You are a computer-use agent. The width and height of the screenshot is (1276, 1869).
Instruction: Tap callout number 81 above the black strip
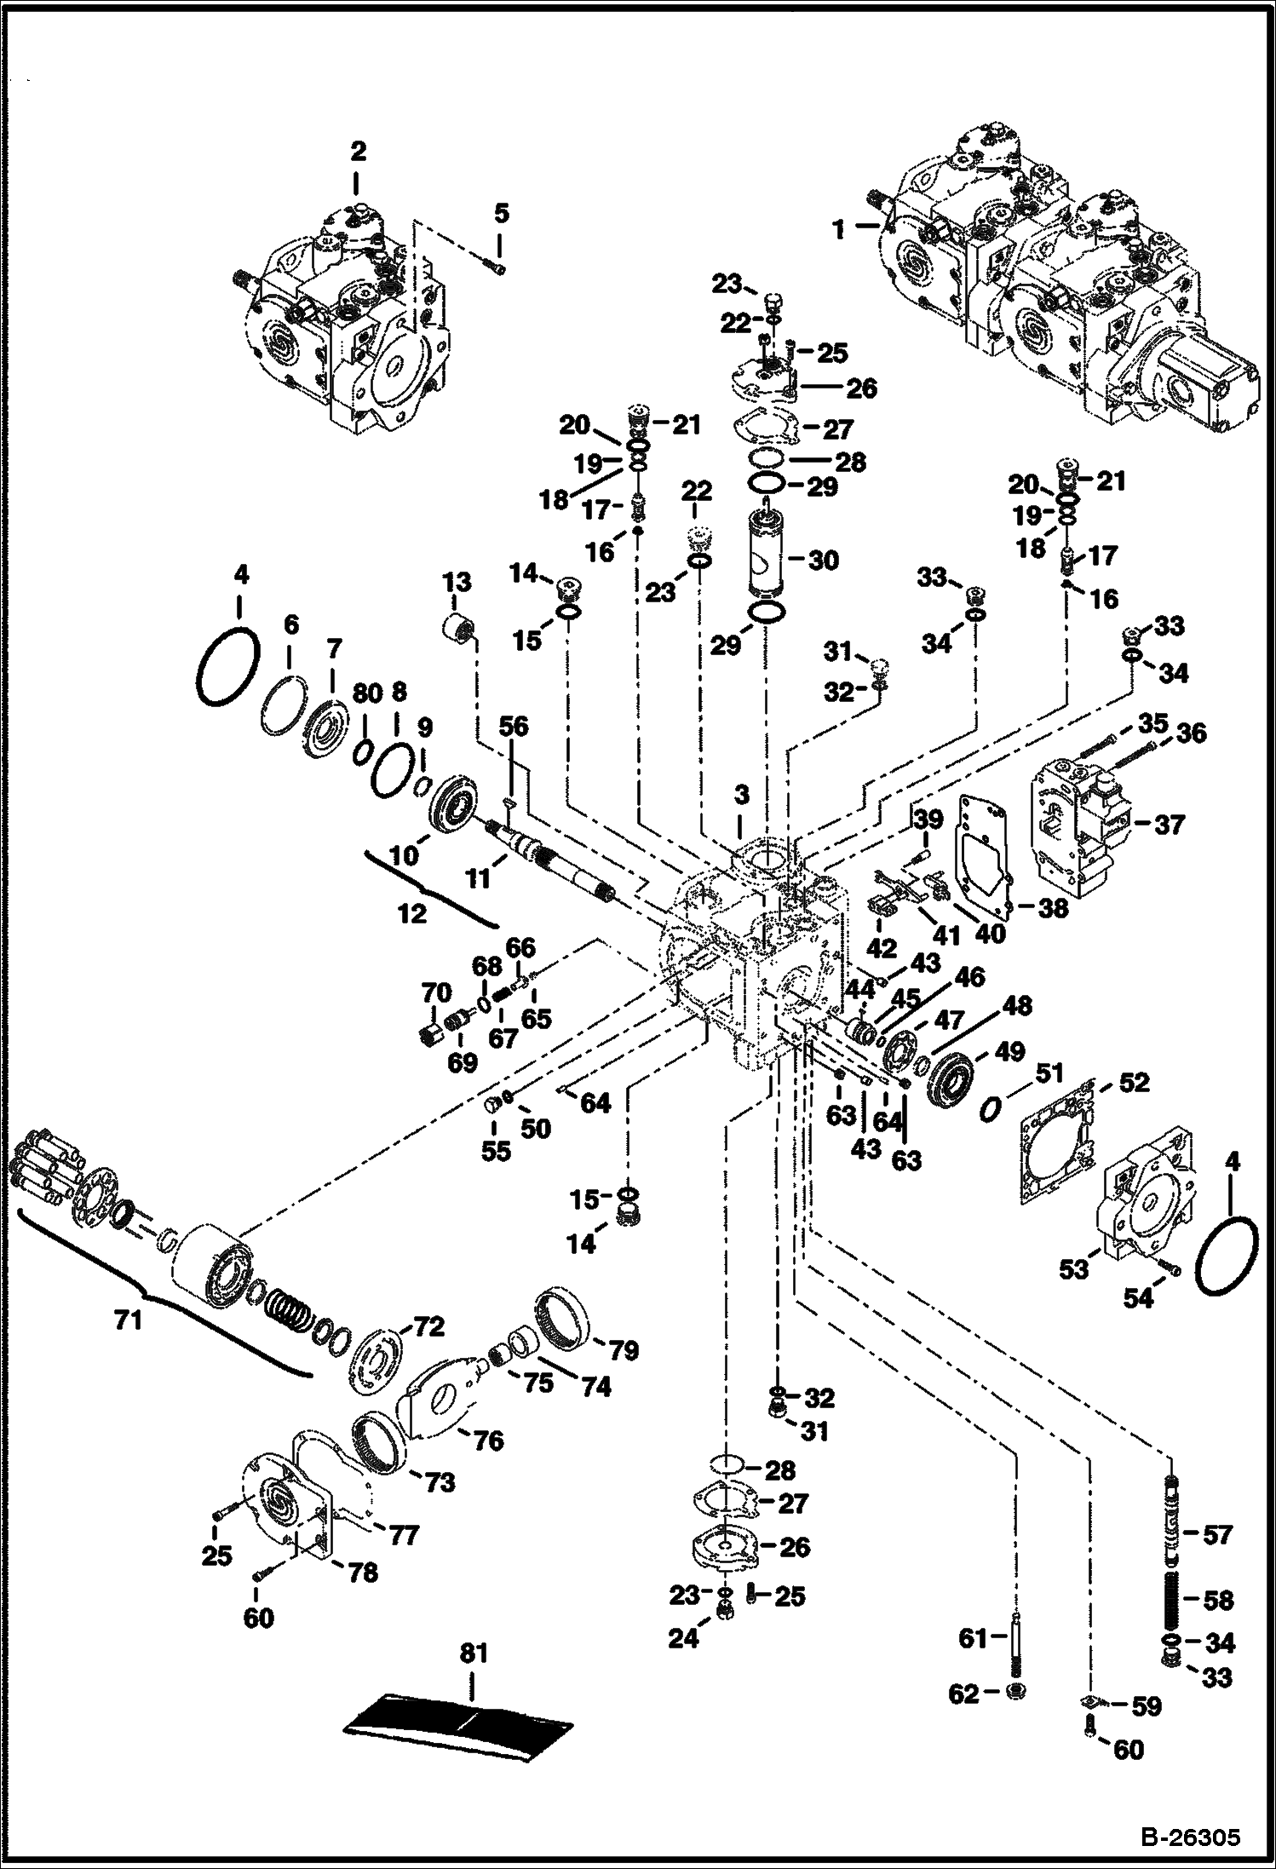pyautogui.click(x=474, y=1653)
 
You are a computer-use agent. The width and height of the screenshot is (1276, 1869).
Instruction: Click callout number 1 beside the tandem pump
pyautogui.click(x=840, y=229)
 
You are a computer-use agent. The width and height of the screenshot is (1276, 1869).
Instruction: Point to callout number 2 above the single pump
pyautogui.click(x=359, y=152)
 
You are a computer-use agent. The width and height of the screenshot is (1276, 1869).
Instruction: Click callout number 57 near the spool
pyautogui.click(x=1216, y=1534)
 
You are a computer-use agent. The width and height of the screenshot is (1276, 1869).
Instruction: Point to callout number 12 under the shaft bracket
pyautogui.click(x=412, y=913)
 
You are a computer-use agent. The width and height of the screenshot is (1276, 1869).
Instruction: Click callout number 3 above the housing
pyautogui.click(x=742, y=796)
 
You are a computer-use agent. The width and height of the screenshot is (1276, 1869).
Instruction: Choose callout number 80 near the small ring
pyautogui.click(x=367, y=694)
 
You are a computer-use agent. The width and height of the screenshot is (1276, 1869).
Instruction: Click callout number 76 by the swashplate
pyautogui.click(x=488, y=1441)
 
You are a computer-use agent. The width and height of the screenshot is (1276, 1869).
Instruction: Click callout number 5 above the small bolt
pyautogui.click(x=502, y=213)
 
